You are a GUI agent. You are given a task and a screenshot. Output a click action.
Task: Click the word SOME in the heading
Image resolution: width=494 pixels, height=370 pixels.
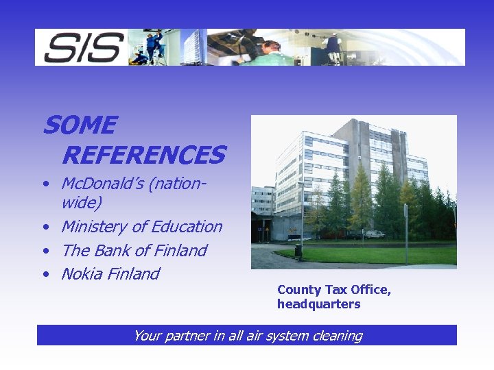pos(80,125)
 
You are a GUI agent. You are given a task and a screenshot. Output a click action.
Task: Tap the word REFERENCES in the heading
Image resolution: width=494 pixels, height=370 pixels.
pos(143,156)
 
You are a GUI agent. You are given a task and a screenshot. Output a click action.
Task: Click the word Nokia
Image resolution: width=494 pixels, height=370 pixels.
pos(82,274)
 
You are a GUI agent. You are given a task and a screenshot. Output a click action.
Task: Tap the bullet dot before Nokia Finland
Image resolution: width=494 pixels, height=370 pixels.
pos(45,275)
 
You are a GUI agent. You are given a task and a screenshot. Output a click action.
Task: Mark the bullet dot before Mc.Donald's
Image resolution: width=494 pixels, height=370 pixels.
pos(45,184)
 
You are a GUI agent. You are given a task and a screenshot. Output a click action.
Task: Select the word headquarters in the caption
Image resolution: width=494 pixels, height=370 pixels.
pos(318,304)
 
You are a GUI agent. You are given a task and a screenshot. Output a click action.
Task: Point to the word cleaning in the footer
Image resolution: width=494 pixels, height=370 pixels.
pos(336,336)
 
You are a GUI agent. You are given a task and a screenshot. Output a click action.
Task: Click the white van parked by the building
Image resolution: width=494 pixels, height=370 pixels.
pos(375,234)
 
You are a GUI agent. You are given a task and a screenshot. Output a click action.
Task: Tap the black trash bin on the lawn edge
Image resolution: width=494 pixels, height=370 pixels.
pos(298,251)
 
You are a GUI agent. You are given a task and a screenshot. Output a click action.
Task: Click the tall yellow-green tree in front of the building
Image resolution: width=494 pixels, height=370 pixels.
pos(361,199)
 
